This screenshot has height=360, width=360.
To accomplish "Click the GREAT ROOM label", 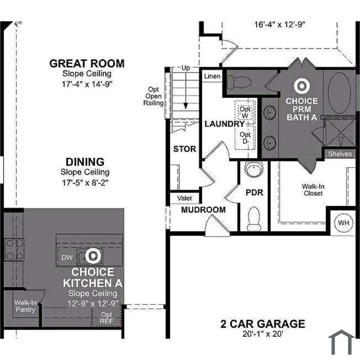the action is [87, 64].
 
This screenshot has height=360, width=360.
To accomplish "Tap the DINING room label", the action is [85, 162].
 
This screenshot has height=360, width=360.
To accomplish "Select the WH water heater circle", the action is [344, 223].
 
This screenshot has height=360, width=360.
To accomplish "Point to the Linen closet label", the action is [212, 76].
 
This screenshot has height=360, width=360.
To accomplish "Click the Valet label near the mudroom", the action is [185, 198].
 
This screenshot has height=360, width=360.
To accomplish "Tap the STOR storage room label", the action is [185, 149].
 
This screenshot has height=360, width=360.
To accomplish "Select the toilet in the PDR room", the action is [254, 219].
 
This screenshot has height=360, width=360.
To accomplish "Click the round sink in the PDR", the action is [254, 169].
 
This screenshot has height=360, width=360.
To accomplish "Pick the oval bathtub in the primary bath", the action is [339, 93].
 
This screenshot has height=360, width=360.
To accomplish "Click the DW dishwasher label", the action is [67, 258].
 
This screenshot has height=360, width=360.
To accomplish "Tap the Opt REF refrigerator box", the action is [106, 317].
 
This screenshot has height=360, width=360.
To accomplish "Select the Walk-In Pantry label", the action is [25, 306].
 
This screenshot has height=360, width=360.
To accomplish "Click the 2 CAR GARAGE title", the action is [263, 323].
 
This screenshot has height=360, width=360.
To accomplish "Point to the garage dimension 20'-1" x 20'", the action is [263, 334].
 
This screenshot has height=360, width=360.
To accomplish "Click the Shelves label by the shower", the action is [340, 154].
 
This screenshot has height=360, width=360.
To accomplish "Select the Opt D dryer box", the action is [245, 137].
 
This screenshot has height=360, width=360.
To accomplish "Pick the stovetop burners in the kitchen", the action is [14, 249].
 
